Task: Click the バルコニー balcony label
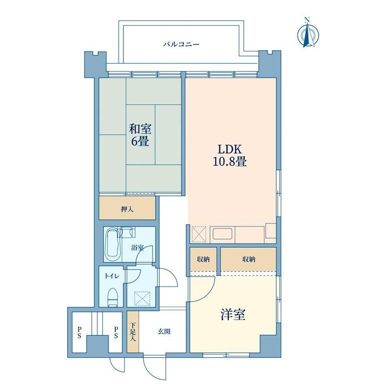181,45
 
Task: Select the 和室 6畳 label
140,135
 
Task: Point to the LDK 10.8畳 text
230,155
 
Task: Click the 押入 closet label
127,210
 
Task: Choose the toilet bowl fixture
113,297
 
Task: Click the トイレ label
112,276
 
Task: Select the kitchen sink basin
222,234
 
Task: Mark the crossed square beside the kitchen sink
199,235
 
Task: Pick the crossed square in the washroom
142,298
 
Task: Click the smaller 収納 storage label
203,259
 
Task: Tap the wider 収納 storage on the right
249,259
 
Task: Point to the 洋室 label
233,314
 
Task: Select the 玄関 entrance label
164,332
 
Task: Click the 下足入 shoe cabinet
133,331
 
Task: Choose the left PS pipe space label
79,332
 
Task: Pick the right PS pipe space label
116,332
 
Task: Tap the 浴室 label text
137,248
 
